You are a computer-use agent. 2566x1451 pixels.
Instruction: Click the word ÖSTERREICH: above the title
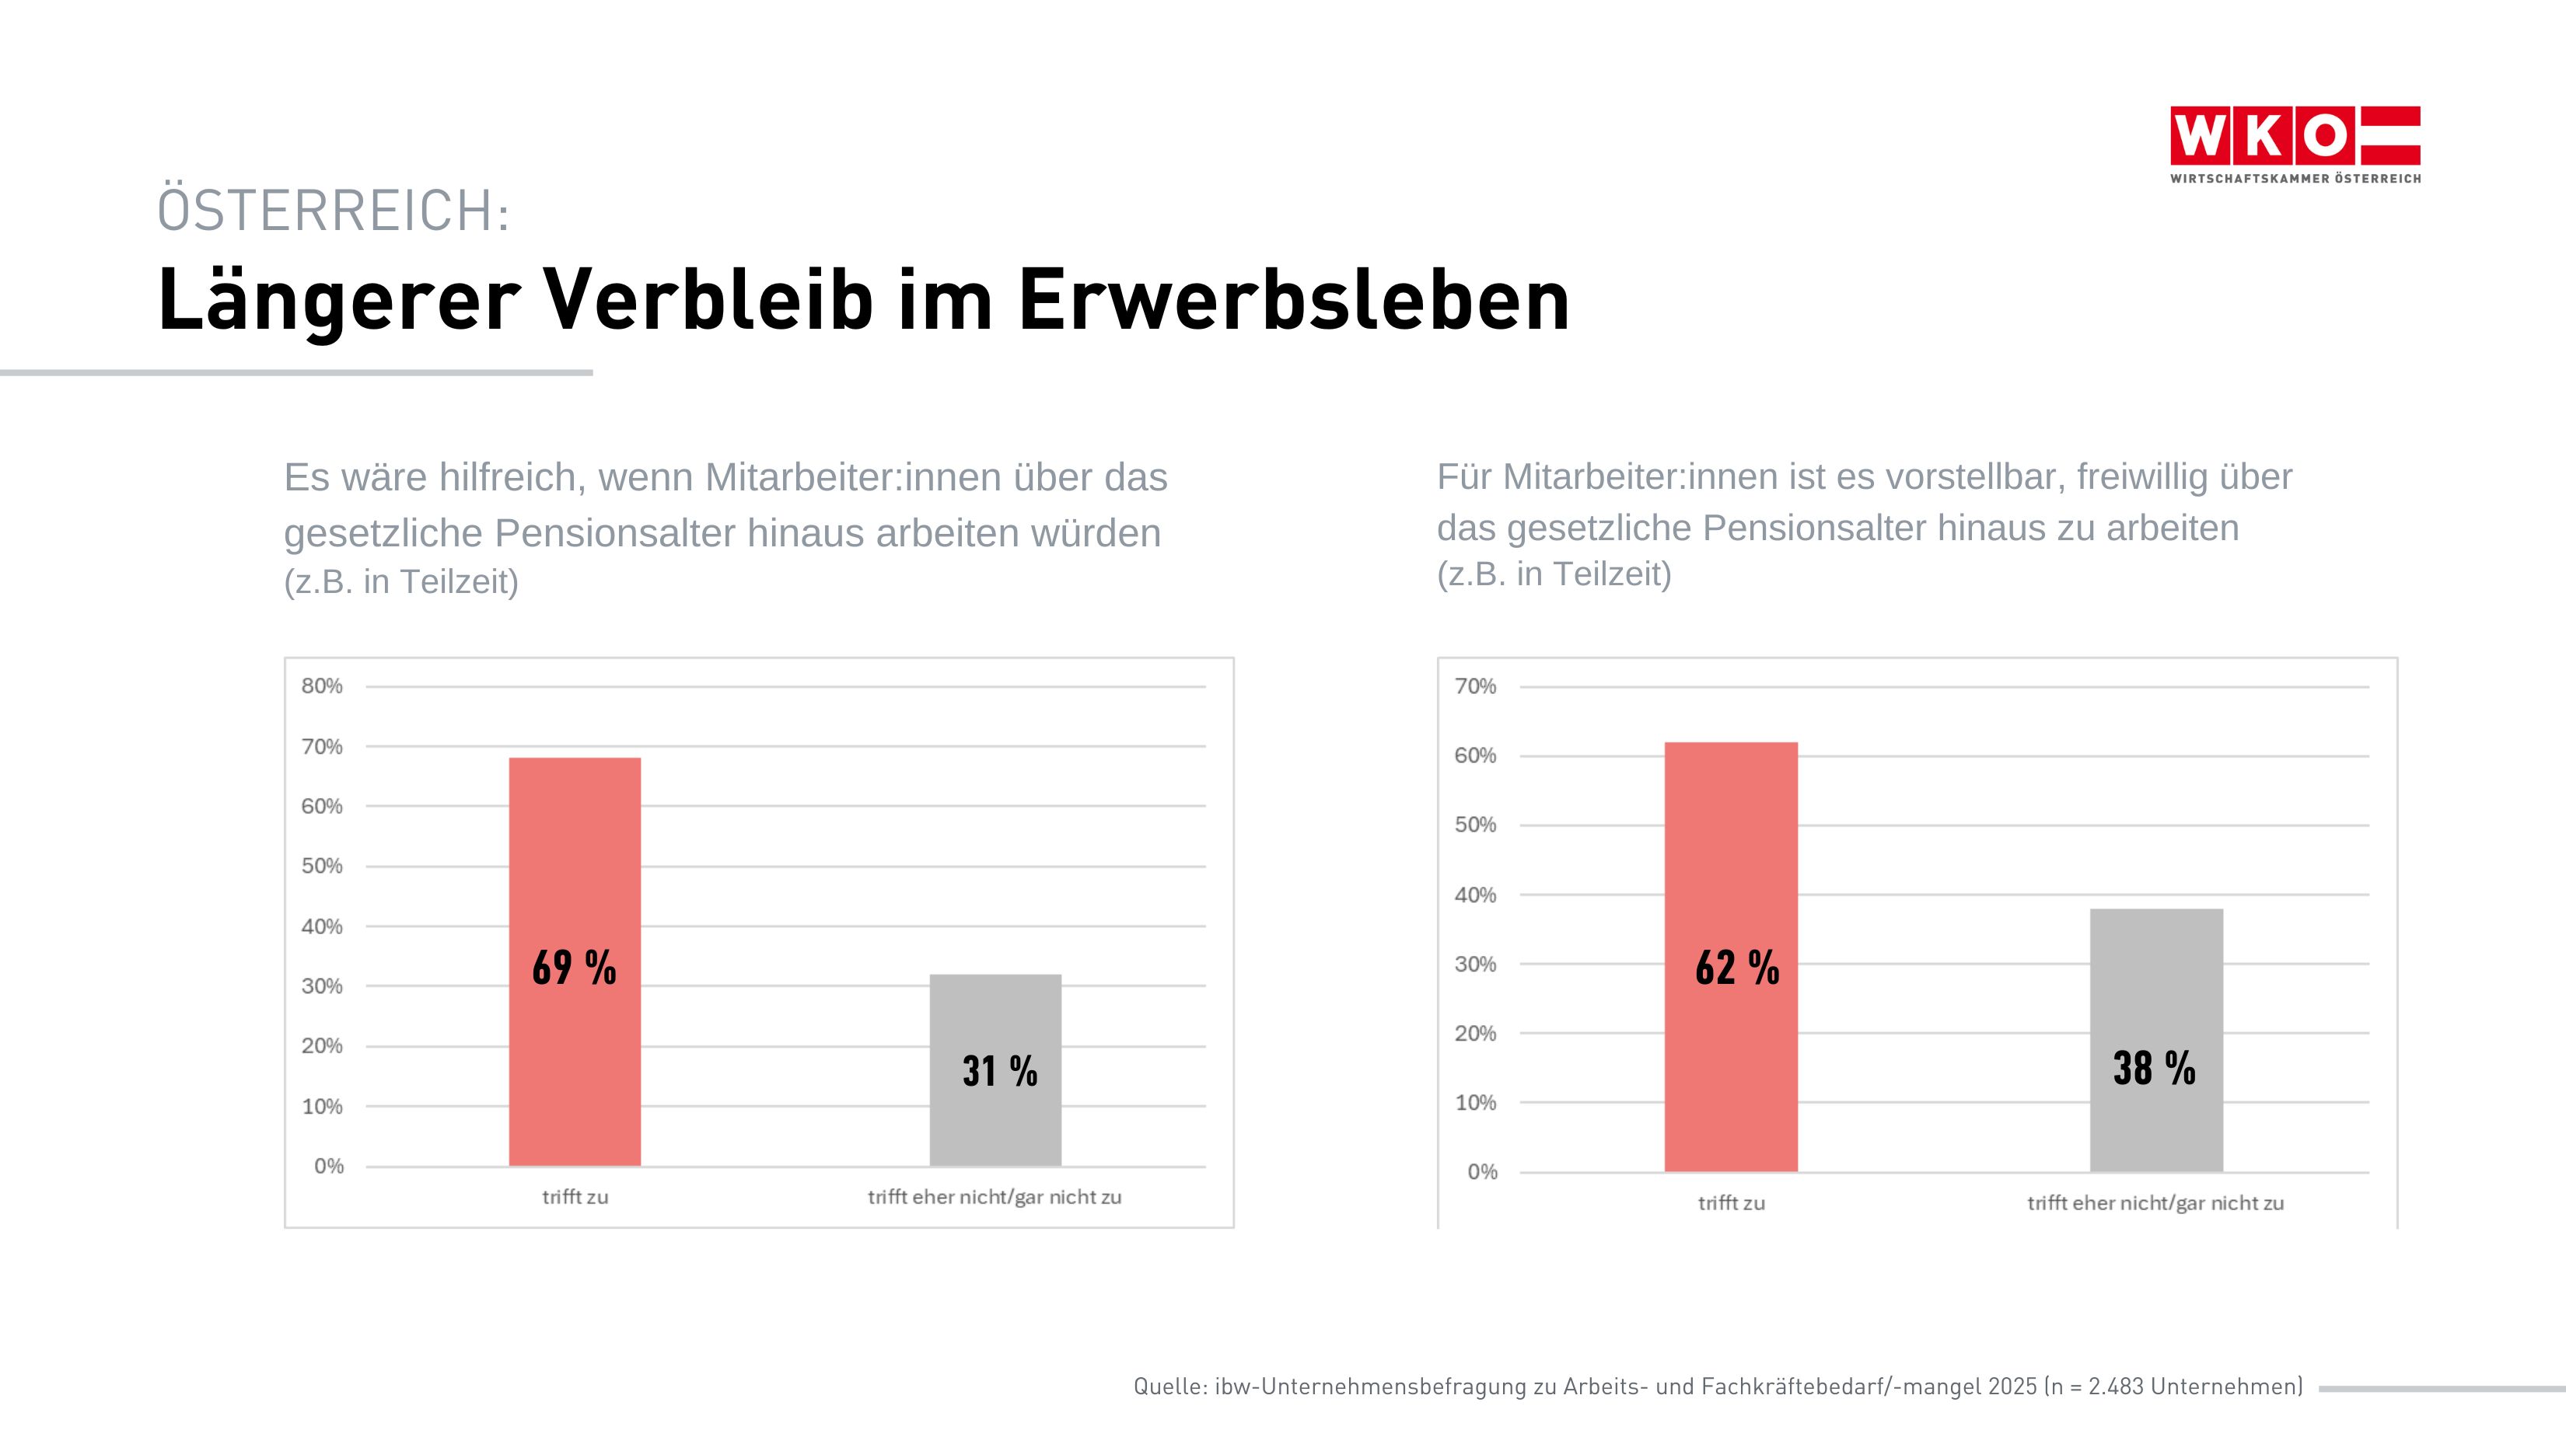pyautogui.click(x=333, y=211)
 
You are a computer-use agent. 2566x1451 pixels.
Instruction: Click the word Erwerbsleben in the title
pyautogui.click(x=1293, y=300)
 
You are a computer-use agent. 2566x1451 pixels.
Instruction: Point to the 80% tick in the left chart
pyautogui.click(x=321, y=686)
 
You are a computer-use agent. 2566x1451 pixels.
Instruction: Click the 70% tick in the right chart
pyautogui.click(x=1474, y=686)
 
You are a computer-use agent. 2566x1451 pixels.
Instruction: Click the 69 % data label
pyautogui.click(x=574, y=968)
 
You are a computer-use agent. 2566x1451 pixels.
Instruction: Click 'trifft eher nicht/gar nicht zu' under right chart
pyautogui.click(x=2155, y=1203)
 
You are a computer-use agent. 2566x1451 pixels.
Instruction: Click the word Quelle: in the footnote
pyautogui.click(x=1170, y=1386)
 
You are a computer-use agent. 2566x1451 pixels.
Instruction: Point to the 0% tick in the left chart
pyautogui.click(x=328, y=1166)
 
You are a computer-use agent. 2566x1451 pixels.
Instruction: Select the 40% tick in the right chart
pyautogui.click(x=1474, y=895)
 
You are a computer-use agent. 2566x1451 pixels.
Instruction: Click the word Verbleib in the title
pyautogui.click(x=707, y=300)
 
